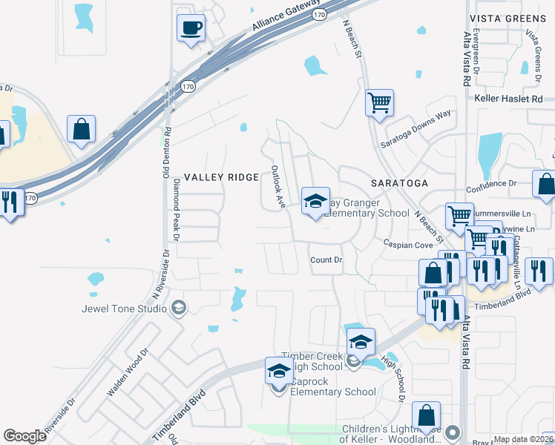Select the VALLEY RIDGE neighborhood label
click(221, 177)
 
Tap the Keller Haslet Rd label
click(511, 99)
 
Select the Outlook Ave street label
click(277, 187)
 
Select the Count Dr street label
click(326, 260)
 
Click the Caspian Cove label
click(407, 244)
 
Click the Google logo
click(24, 436)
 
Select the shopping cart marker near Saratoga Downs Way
click(379, 103)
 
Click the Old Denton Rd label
click(168, 154)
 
